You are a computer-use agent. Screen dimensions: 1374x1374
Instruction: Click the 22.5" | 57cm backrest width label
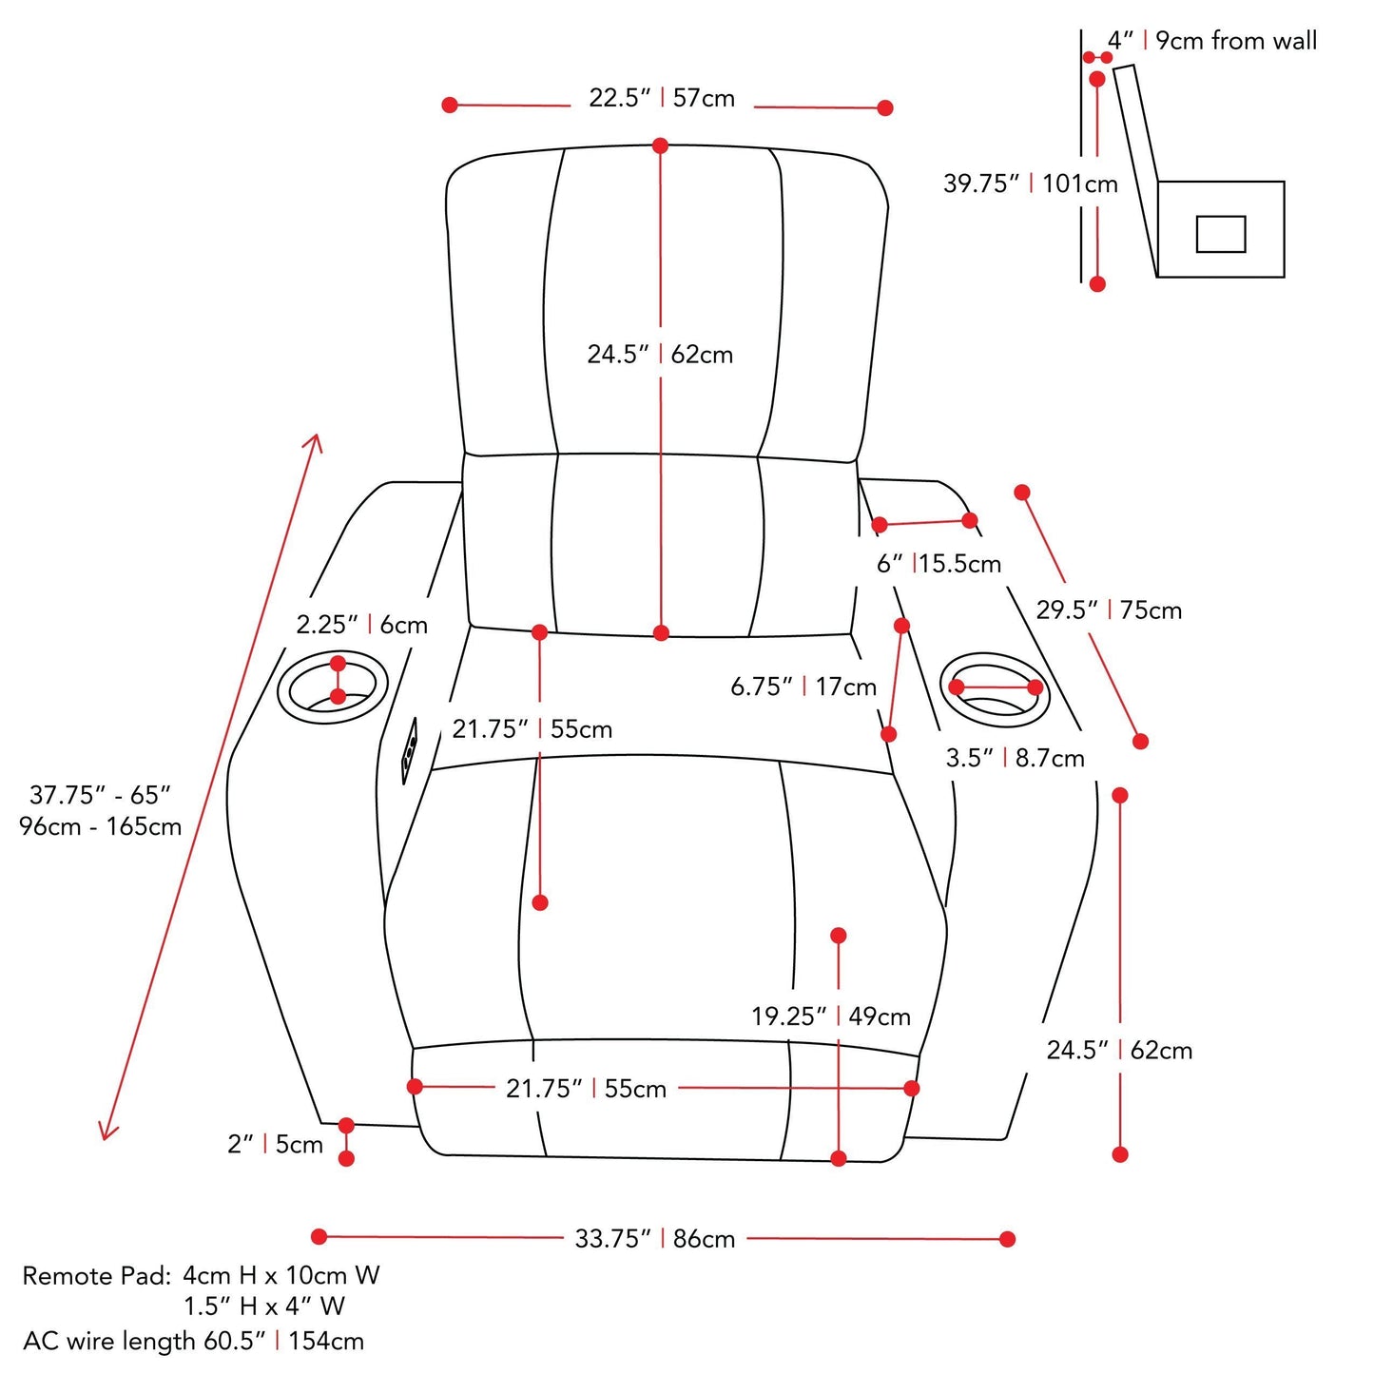pos(662,98)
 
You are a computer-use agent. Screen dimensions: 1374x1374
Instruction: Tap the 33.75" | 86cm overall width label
pos(655,1239)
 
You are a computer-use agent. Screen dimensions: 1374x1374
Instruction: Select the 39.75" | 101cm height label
pos(1030,184)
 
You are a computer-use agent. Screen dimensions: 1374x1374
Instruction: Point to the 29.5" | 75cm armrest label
pos(1109,610)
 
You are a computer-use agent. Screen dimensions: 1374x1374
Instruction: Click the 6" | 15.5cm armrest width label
pos(939,564)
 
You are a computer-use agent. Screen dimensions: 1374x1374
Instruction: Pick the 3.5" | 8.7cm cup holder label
pos(1015,758)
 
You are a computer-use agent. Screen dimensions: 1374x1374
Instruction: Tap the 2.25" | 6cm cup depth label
pos(361,625)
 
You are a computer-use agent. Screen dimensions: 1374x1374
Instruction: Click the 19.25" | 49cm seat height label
pos(831,1016)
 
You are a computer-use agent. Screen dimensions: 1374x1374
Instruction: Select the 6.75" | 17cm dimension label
pos(803,687)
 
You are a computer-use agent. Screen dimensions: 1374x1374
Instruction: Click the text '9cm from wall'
pos(1236,41)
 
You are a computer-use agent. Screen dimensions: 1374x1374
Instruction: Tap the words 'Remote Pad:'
pos(96,1276)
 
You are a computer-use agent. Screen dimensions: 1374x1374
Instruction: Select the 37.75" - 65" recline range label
pos(101,810)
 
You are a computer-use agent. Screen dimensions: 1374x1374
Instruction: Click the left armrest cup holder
pos(332,687)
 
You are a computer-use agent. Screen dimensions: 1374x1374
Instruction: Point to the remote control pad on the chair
pos(410,751)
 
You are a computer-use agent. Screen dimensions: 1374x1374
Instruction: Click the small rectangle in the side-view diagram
pos(1220,234)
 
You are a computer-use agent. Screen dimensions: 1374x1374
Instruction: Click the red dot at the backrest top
pos(660,145)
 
